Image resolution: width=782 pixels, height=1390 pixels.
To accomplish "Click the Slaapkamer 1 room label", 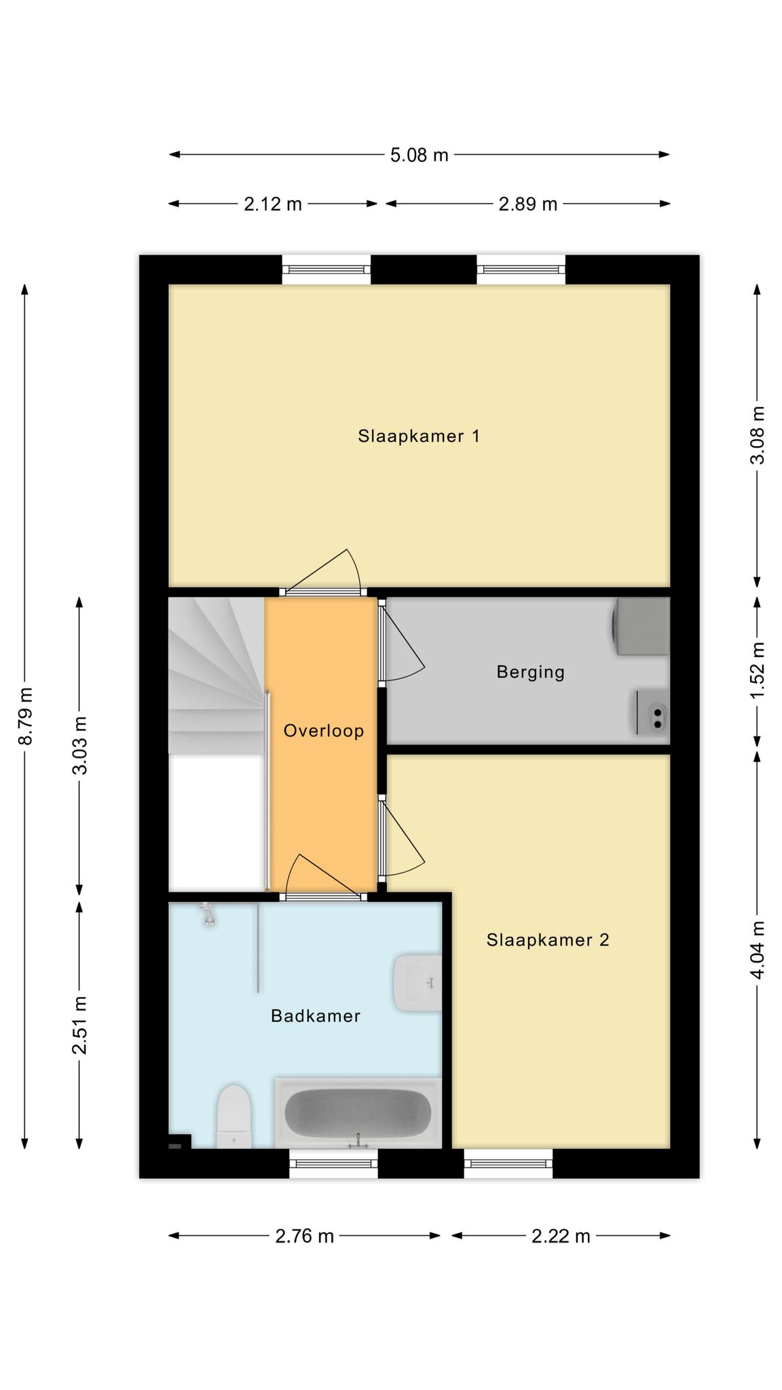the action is (419, 436).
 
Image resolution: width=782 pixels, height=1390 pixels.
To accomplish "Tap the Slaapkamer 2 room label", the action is (548, 940).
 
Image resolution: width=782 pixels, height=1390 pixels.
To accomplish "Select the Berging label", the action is (530, 673).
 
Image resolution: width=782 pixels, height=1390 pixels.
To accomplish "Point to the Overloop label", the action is (324, 731).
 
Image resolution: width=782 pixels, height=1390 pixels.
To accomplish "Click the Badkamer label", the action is (315, 1016).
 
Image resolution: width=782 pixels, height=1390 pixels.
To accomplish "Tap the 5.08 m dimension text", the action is (419, 155).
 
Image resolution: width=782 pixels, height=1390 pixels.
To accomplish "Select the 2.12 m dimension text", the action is (273, 204).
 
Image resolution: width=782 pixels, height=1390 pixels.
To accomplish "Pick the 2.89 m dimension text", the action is (527, 204).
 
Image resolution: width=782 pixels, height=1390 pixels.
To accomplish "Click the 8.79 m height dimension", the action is (25, 716).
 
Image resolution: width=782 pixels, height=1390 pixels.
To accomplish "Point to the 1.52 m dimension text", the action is (758, 669).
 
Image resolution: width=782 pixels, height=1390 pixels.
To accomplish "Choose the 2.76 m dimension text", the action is (305, 1236).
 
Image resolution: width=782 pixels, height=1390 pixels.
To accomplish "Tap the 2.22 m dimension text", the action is (561, 1236).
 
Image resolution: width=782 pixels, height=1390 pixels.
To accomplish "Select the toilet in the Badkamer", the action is (234, 1116).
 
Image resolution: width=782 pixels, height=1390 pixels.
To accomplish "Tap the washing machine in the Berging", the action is (641, 626).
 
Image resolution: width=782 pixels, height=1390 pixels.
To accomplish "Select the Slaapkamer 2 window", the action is (508, 1164).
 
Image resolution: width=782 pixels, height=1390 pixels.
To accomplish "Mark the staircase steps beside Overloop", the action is (216, 675).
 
